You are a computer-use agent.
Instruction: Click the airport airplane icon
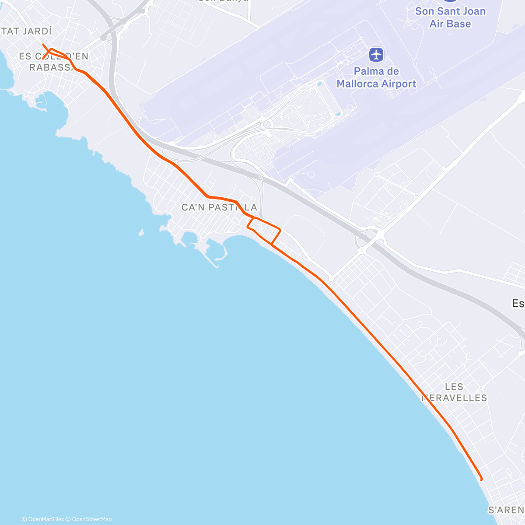pyautogui.click(x=376, y=55)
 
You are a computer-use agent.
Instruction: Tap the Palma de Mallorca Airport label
pyautogui.click(x=376, y=77)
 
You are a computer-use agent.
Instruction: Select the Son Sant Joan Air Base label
pyautogui.click(x=450, y=17)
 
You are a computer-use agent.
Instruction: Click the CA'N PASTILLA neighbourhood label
pyautogui.click(x=219, y=207)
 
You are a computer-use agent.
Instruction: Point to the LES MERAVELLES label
pyautogui.click(x=454, y=392)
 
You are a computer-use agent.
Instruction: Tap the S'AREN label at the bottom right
pyautogui.click(x=506, y=510)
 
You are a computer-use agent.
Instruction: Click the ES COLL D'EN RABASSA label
pyautogui.click(x=53, y=62)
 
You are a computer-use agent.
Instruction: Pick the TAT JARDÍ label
pyautogui.click(x=26, y=31)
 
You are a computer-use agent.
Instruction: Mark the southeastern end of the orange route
pyautogui.click(x=481, y=479)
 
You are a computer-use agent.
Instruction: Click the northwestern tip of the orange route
pyautogui.click(x=43, y=45)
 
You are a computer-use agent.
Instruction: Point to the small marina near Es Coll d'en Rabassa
pyautogui.click(x=42, y=103)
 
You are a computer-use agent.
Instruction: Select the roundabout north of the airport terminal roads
pyautogui.click(x=266, y=124)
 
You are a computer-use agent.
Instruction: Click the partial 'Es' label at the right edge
pyautogui.click(x=518, y=303)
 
